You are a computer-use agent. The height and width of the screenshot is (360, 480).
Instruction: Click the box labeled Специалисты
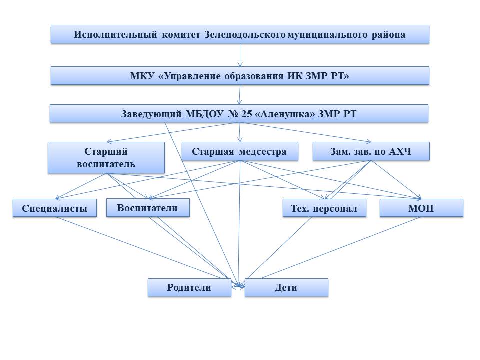coord(54,208)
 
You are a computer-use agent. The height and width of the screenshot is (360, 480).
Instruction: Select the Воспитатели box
coord(148,208)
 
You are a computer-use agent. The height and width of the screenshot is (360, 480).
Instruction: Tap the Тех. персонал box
coord(324,208)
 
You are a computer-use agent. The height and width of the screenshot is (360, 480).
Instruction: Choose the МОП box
coord(421,208)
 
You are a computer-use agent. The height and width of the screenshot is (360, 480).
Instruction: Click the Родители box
coord(189,287)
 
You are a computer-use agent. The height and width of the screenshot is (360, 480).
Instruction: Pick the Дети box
coord(286,287)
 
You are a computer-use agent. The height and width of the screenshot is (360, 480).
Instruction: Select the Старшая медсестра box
coord(240,151)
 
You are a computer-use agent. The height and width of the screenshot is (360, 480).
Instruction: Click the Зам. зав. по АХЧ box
coord(371,151)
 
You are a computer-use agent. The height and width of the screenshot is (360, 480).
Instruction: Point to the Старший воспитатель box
coord(106,157)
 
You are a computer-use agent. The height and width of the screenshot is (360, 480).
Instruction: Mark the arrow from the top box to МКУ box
coord(240,55)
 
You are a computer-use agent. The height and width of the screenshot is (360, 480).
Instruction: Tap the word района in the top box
coord(388,35)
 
